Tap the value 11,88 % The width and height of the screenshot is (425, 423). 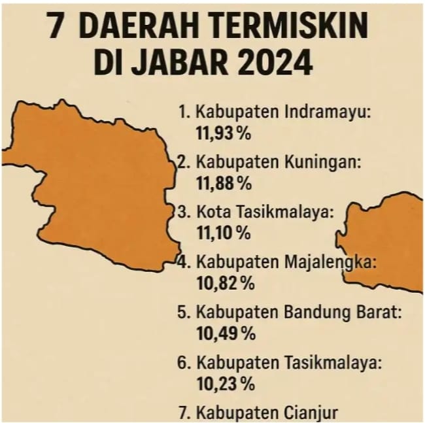(223, 184)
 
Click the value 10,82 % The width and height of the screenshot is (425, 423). (224, 284)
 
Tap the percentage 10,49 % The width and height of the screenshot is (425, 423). (224, 333)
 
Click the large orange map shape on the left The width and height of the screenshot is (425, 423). (92, 183)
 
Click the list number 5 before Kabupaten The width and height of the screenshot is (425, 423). (182, 313)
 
